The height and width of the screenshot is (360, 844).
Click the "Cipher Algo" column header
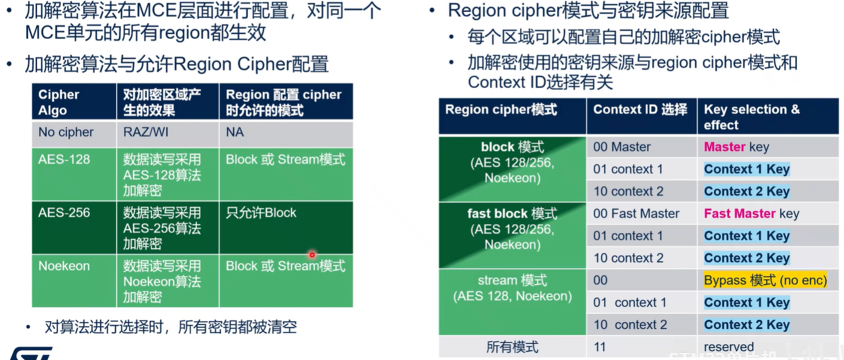59,102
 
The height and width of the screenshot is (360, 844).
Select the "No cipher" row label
66,132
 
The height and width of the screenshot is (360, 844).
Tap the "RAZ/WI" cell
146,132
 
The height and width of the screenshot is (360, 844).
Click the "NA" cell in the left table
235,132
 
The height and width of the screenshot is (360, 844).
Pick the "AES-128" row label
63,160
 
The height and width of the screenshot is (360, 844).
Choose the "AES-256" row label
64,213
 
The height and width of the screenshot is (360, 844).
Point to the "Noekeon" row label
63,266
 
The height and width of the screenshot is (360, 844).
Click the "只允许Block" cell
261,213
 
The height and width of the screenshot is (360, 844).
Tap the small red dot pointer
312,255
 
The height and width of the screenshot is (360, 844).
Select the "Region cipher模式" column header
501,110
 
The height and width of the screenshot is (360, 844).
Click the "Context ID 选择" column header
640,110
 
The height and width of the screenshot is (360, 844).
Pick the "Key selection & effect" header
751,117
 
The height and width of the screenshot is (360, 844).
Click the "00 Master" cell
622,147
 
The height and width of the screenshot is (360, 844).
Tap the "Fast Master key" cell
751,214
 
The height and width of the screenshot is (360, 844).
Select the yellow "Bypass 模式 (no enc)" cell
765,280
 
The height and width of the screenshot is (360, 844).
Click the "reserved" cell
728,347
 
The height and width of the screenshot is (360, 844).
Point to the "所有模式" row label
512,347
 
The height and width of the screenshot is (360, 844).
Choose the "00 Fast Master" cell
636,214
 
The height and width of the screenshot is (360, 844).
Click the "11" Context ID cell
600,347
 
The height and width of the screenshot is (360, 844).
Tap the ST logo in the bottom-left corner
30,353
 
